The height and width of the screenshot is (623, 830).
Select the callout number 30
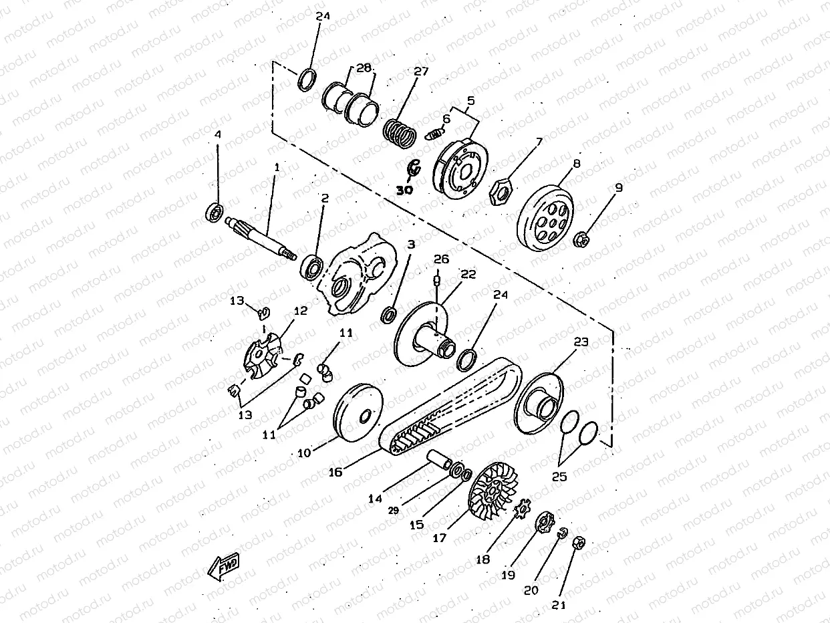(404, 190)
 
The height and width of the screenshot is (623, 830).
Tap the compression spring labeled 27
(400, 134)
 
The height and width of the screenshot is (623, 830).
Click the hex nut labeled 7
(501, 192)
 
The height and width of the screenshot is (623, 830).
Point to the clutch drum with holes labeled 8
(545, 217)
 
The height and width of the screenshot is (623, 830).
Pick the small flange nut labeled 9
(579, 239)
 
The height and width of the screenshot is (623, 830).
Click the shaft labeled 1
(261, 239)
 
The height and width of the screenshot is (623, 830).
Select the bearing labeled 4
(214, 213)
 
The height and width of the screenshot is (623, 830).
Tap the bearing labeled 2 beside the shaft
(312, 267)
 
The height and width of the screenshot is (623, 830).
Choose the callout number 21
(559, 605)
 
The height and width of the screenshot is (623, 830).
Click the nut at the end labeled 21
(579, 543)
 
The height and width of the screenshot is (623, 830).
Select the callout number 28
(364, 68)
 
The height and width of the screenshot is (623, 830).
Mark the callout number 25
(559, 477)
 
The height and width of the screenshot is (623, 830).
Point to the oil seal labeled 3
(388, 315)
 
